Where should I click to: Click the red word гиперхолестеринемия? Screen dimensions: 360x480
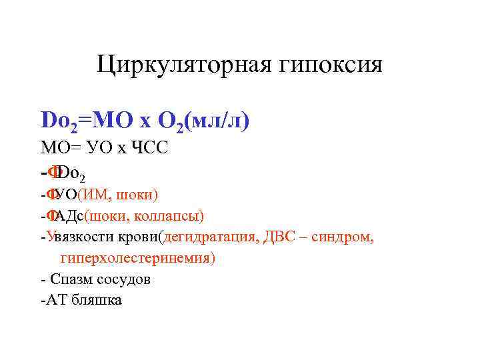tap(137, 258)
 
